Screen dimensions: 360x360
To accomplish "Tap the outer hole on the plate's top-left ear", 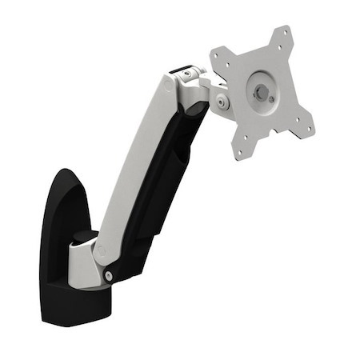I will (215, 53).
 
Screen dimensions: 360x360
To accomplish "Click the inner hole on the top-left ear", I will (227, 63).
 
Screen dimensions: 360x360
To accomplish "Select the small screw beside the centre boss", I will (275, 98).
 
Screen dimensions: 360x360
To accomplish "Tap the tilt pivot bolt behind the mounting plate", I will (219, 102).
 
